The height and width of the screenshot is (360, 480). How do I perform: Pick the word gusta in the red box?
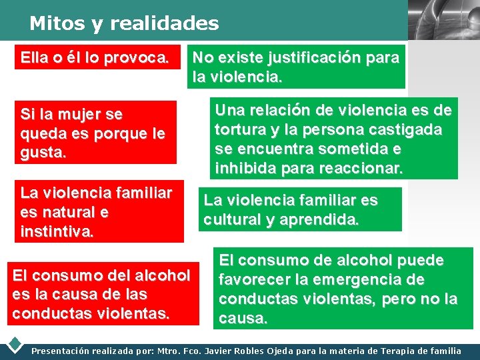click(43, 153)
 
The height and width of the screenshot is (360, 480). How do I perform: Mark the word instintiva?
click(57, 232)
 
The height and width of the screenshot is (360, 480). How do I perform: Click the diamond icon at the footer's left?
click(15, 345)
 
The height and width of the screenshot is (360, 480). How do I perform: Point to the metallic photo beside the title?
click(443, 20)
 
